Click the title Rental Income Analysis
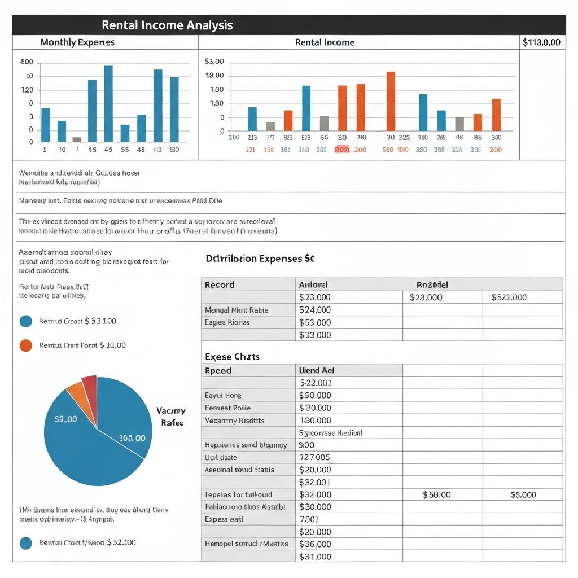pyautogui.click(x=167, y=25)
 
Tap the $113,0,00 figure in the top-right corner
pyautogui.click(x=541, y=42)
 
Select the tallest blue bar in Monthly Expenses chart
pyautogui.click(x=108, y=103)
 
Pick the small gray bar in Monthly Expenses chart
pyautogui.click(x=77, y=139)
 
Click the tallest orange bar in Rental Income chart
pyautogui.click(x=391, y=101)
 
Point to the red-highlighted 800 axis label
pyautogui.click(x=342, y=150)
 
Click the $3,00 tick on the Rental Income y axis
pyautogui.click(x=214, y=62)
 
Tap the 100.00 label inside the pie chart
pyautogui.click(x=133, y=438)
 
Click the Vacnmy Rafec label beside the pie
pyautogui.click(x=170, y=417)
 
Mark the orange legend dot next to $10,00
pyautogui.click(x=26, y=345)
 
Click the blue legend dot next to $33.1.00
pyautogui.click(x=26, y=321)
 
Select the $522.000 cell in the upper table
pyautogui.click(x=509, y=297)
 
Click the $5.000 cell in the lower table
pyautogui.click(x=523, y=495)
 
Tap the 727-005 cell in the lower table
pyautogui.click(x=315, y=458)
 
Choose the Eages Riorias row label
pyautogui.click(x=227, y=322)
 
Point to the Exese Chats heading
pyautogui.click(x=232, y=357)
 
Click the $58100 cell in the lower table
pyautogui.click(x=437, y=495)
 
